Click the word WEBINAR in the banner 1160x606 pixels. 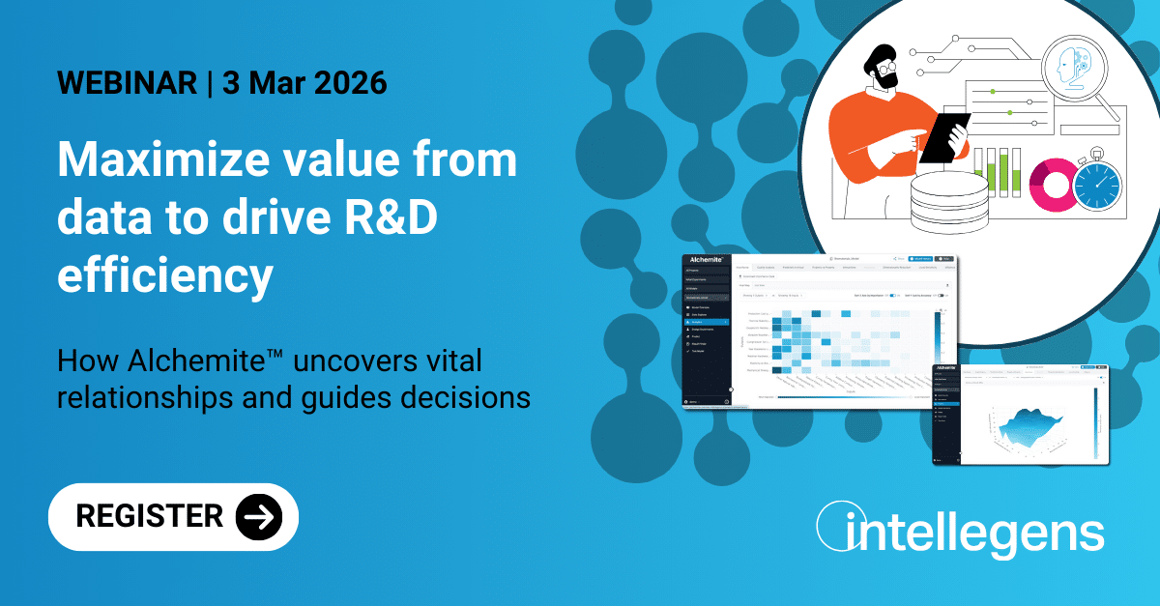click(x=126, y=83)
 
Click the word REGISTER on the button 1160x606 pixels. click(x=150, y=516)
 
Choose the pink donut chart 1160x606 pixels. click(x=1051, y=185)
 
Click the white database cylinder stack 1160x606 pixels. click(x=948, y=203)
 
